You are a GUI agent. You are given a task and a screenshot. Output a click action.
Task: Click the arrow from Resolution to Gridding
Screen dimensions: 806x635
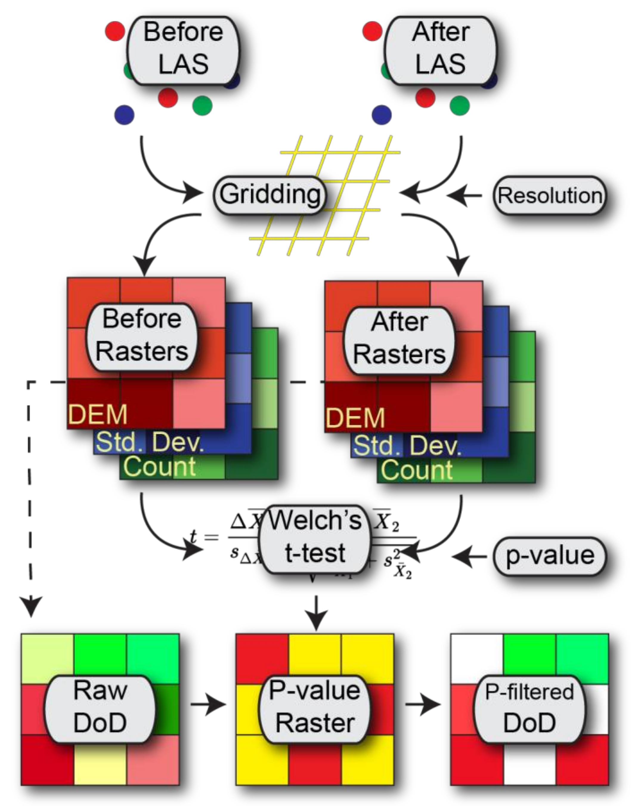coord(465,195)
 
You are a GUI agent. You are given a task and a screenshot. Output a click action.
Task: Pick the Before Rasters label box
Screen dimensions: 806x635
coord(142,336)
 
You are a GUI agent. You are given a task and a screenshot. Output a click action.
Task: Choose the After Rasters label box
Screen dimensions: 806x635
coord(399,339)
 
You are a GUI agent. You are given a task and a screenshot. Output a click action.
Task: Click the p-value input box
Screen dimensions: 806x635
coord(549,556)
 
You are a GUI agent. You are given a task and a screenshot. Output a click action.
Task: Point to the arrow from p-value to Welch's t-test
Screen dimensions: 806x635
coord(469,556)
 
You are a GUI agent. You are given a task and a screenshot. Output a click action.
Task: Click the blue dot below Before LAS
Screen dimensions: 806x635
coord(124,115)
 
